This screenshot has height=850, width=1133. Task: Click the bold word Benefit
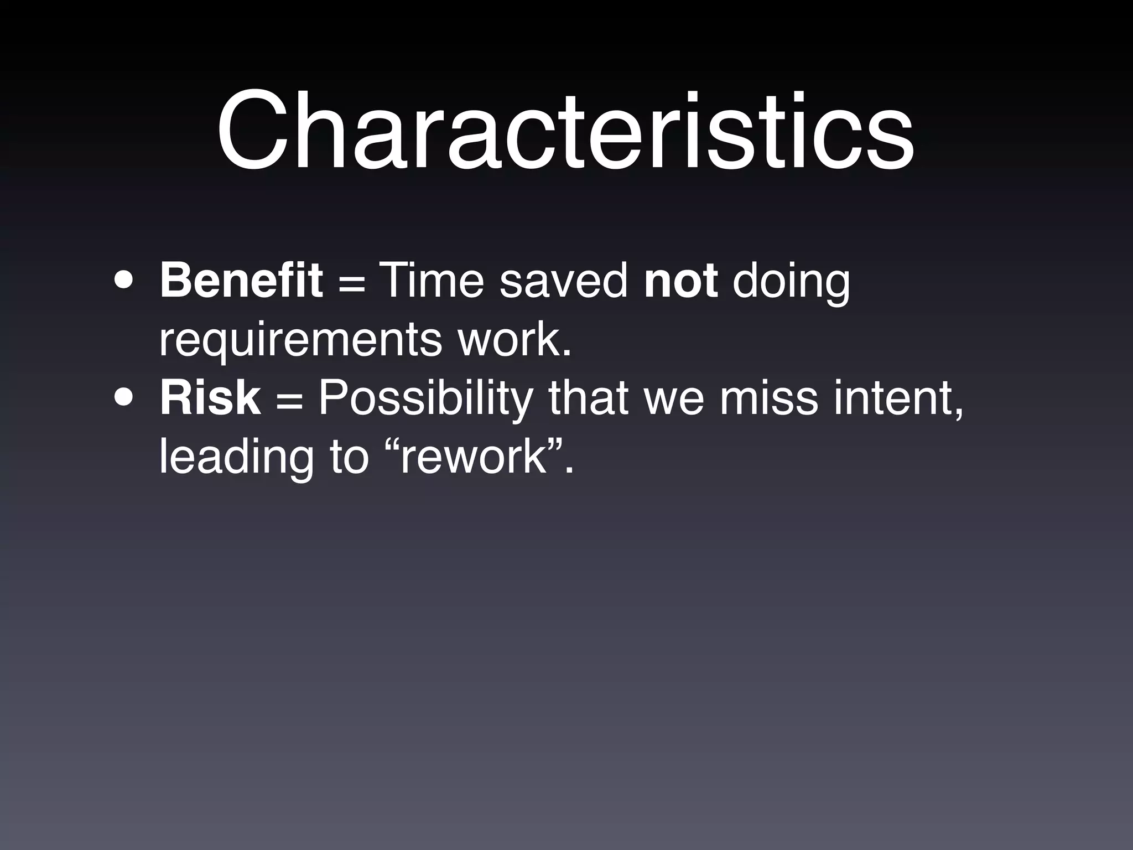click(x=241, y=281)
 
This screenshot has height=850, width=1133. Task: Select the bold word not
click(x=681, y=281)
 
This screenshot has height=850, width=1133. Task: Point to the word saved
click(x=564, y=281)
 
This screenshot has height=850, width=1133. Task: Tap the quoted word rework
click(x=472, y=458)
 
